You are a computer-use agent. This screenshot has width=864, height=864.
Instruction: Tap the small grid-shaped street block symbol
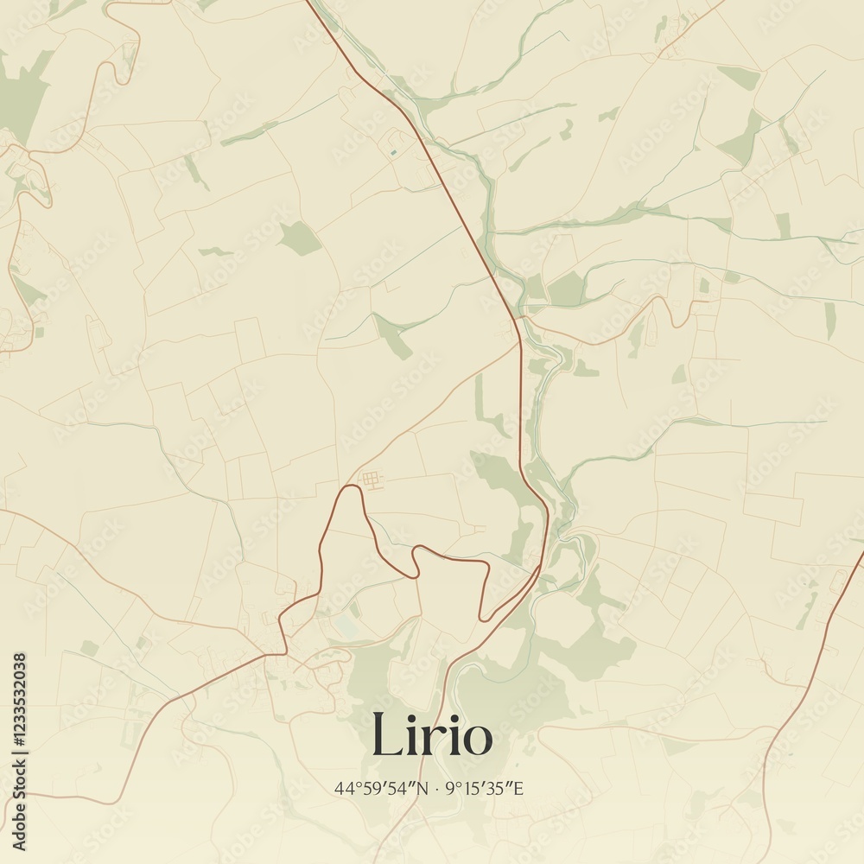[x=371, y=480]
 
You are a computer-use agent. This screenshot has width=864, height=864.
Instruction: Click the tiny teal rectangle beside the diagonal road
[x=394, y=154]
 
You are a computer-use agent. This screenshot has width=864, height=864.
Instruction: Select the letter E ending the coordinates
[x=521, y=788]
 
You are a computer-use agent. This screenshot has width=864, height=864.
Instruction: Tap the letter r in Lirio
[x=429, y=740]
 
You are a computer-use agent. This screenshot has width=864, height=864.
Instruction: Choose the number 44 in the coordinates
[x=343, y=788]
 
